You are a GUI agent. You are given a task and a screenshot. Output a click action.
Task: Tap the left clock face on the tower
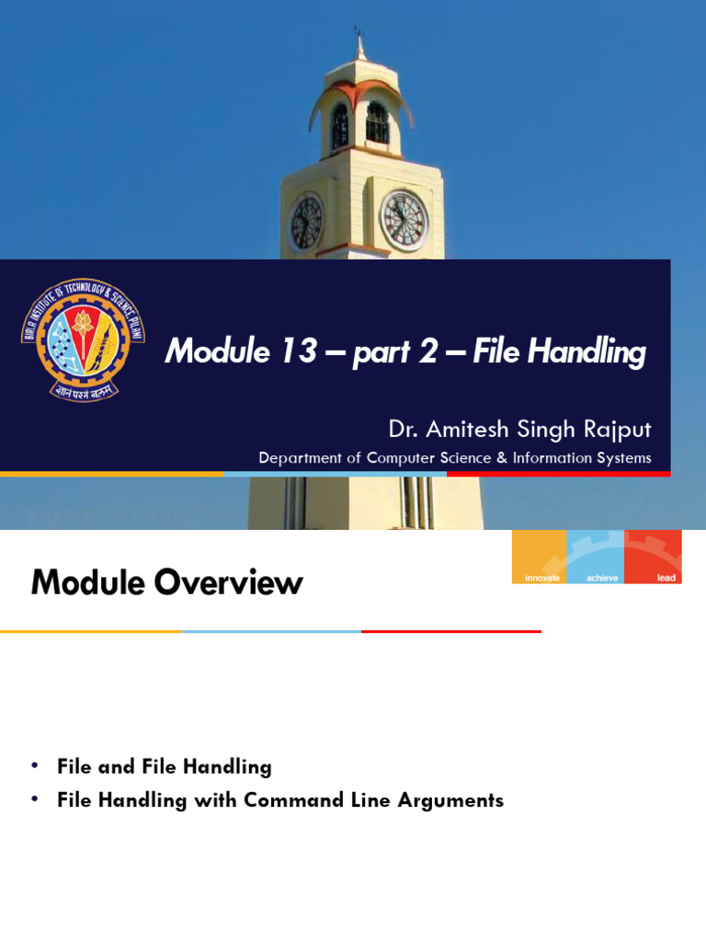[x=306, y=223]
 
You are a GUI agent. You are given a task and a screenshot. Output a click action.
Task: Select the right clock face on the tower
[x=404, y=221]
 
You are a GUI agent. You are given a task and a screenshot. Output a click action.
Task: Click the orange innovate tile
[x=540, y=557]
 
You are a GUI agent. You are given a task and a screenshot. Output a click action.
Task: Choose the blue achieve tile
[x=597, y=557]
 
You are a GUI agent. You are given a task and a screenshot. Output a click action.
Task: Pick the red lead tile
[x=654, y=557]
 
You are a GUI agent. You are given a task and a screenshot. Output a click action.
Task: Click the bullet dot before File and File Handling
[x=35, y=765]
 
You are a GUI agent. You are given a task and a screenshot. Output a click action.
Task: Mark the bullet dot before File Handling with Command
[x=35, y=799]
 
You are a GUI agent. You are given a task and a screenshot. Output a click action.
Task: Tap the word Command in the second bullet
[x=279, y=800]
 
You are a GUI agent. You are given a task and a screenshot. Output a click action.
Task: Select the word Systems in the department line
[x=621, y=458]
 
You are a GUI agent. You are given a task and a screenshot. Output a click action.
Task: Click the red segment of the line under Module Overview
[x=450, y=631]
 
